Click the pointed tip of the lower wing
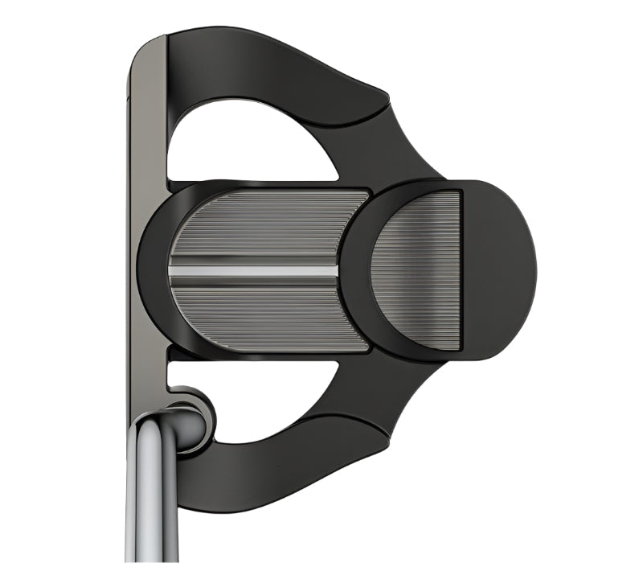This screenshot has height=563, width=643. tap(388, 438)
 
